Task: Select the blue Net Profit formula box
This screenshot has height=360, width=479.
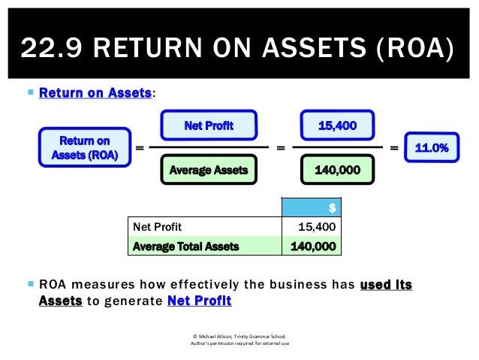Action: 209,126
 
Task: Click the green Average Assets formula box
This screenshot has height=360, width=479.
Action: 209,171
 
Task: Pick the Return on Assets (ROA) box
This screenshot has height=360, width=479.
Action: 84,147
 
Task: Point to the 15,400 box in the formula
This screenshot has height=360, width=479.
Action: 337,126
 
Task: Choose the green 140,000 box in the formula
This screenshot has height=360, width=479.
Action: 337,171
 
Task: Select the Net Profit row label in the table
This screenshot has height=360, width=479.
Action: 157,226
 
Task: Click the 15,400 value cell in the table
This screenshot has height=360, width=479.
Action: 311,226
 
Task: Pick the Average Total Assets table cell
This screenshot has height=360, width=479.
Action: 185,246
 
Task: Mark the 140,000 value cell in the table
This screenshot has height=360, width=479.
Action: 311,246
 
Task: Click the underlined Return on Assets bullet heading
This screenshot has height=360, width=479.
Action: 95,94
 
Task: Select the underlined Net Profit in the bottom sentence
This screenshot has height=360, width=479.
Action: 200,301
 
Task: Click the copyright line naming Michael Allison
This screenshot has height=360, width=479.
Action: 239,336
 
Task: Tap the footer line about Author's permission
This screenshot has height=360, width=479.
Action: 239,344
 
